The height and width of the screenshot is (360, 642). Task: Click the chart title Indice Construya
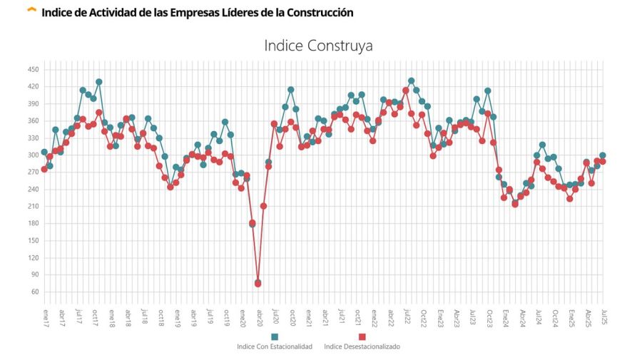(x=318, y=46)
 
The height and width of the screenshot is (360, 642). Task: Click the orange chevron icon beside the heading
(x=31, y=11)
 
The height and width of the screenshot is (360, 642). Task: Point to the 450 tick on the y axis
(x=34, y=69)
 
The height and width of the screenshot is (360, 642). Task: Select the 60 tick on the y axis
(x=35, y=292)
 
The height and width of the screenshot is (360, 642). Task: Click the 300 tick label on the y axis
(x=34, y=155)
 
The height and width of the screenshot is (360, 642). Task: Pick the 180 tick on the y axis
(x=34, y=223)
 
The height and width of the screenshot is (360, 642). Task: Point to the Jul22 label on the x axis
(x=406, y=317)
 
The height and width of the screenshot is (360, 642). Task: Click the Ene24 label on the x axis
(x=504, y=317)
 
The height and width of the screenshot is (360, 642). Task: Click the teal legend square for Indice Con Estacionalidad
(x=275, y=336)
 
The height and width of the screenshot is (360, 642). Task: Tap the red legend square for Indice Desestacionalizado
(x=362, y=336)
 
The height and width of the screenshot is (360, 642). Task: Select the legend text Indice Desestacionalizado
(x=362, y=347)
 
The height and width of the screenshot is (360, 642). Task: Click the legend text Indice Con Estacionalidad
(x=275, y=347)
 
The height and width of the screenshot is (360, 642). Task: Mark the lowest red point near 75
(x=258, y=283)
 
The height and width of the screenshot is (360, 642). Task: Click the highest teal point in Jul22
(x=411, y=81)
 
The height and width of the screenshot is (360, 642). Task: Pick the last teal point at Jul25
(x=603, y=155)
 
